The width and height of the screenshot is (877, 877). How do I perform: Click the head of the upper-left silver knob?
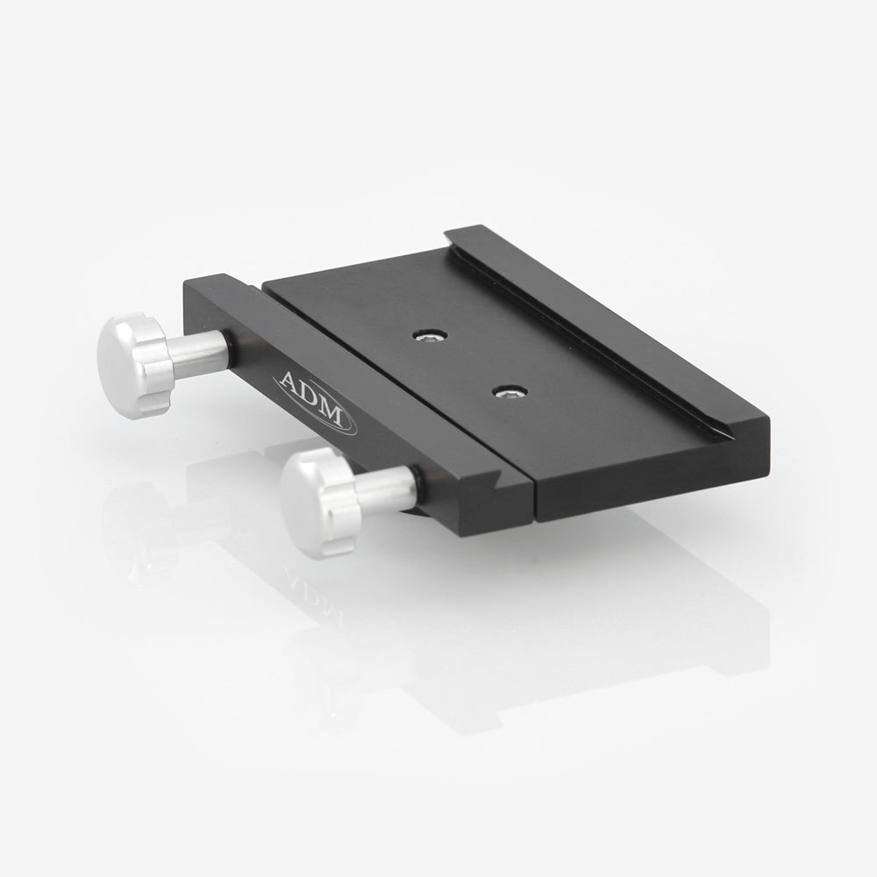coord(132,365)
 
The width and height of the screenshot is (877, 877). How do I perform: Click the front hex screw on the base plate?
coord(510,391)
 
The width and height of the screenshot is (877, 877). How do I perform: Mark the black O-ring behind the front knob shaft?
coord(419,487)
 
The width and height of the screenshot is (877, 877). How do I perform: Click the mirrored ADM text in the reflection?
coord(311,596)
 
